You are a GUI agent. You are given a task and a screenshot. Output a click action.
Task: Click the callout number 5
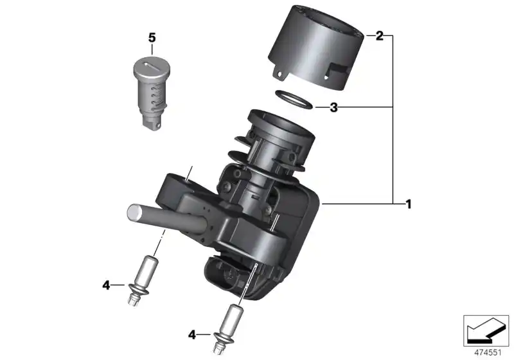point(152,38)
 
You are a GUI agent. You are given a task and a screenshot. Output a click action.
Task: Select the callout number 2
point(379,36)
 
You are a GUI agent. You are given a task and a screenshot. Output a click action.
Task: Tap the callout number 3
point(333,108)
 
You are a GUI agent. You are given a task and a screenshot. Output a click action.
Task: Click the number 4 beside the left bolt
point(106,284)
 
